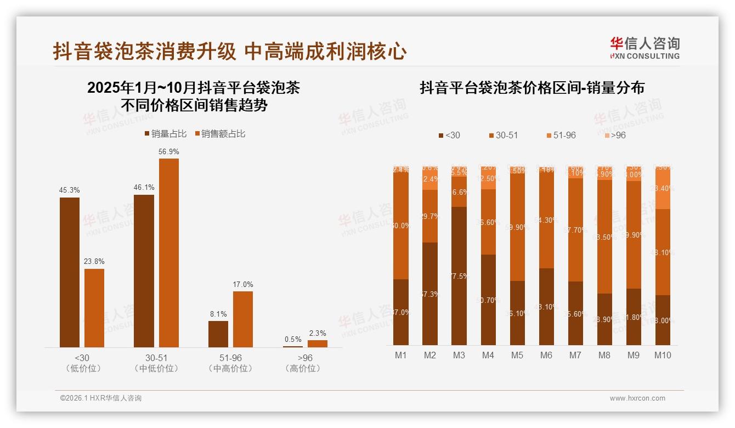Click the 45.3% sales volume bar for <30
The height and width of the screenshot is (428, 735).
(x=70, y=272)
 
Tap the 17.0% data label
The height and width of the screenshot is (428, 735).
(x=243, y=284)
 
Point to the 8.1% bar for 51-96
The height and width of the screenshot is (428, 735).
(x=218, y=334)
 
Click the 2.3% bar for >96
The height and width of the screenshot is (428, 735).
(x=317, y=343)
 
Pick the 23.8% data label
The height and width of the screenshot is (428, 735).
(x=94, y=262)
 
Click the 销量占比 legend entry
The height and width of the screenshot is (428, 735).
(x=166, y=134)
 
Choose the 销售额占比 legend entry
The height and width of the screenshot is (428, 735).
(x=220, y=134)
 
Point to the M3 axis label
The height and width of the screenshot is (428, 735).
(x=459, y=355)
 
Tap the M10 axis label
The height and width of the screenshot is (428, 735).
(x=663, y=355)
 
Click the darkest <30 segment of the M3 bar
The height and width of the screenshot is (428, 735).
(x=459, y=275)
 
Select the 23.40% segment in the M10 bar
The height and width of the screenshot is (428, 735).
(x=663, y=188)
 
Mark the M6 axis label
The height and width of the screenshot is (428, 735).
(x=546, y=355)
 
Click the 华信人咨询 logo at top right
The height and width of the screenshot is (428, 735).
(x=644, y=47)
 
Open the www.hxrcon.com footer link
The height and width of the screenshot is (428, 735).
(x=637, y=398)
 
